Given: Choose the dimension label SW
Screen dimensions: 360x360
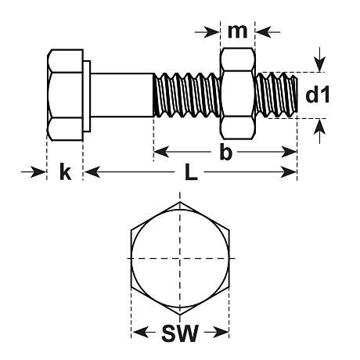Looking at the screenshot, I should [179, 334].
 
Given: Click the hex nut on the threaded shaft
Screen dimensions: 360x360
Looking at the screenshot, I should [237, 94].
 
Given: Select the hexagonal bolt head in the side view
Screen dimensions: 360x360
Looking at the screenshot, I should [65, 95].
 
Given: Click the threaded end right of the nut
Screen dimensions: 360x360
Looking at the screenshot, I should [277, 94].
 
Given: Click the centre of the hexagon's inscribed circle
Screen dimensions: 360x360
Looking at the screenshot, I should [180, 259].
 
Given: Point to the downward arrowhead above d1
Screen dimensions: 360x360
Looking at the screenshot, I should [319, 65].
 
